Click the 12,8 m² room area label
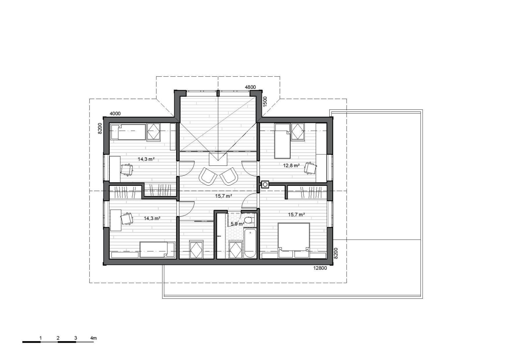click(x=291, y=165)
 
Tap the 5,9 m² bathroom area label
click(x=238, y=224)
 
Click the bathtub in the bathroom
click(x=250, y=243)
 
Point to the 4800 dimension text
click(x=250, y=87)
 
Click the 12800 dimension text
click(x=320, y=268)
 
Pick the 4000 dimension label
click(x=115, y=114)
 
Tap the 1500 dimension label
click(x=265, y=101)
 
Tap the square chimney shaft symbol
click(x=265, y=184)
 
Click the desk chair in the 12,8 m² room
click(x=310, y=168)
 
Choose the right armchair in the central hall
click(x=229, y=176)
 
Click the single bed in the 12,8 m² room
click(x=282, y=141)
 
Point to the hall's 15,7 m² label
click(x=224, y=196)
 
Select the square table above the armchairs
click(x=218, y=159)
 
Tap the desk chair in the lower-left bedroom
click(x=126, y=219)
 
